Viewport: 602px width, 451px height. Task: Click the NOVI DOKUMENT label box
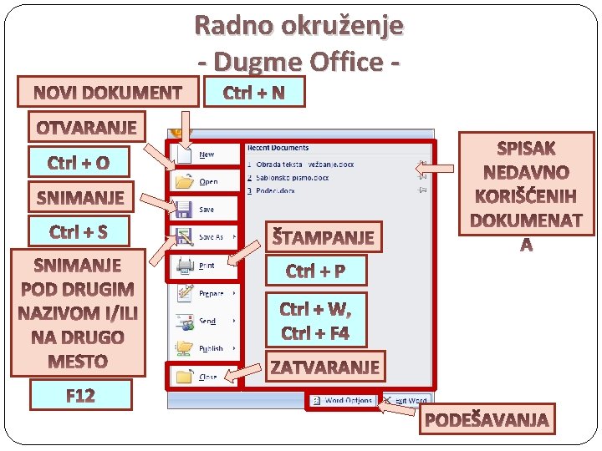(x=107, y=92)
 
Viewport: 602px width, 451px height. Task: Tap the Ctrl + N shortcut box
(x=253, y=92)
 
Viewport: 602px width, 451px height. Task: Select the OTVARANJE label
(x=86, y=128)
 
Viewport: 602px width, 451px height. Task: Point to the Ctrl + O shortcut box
(x=79, y=162)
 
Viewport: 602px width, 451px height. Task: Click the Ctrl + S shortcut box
(x=79, y=231)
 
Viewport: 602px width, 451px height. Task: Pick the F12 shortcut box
(x=80, y=395)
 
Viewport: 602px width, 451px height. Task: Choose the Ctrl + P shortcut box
(x=315, y=271)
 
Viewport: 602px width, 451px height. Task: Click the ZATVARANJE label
(x=325, y=366)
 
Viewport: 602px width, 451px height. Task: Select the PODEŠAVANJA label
(x=487, y=420)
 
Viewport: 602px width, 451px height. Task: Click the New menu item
(x=206, y=155)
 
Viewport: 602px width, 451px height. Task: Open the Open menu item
(x=207, y=181)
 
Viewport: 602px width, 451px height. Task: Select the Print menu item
(x=206, y=266)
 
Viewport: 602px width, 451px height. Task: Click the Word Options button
(x=344, y=401)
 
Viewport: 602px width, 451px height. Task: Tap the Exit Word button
(x=408, y=401)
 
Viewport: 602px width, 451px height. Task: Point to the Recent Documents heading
(x=278, y=148)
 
